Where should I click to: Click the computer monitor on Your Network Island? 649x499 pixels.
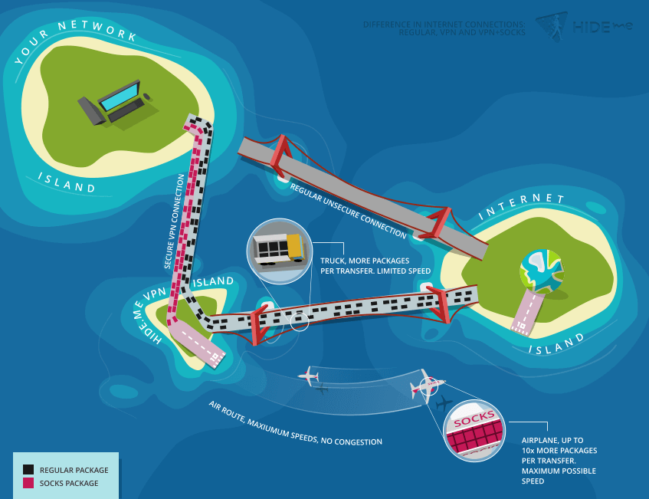point(120,95)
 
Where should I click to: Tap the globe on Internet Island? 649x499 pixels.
point(542,271)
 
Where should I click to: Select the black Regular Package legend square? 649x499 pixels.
point(28,469)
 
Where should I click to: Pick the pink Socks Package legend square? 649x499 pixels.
point(28,482)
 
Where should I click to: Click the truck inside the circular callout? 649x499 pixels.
point(279,249)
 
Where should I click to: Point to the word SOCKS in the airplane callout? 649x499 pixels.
point(474,419)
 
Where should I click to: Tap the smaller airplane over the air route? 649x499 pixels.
point(309,376)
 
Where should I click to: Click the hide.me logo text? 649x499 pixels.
point(602,27)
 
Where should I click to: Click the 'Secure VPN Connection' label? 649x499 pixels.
point(174,222)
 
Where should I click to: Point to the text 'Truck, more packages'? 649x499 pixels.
point(365,261)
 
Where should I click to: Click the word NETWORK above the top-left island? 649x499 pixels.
point(97,30)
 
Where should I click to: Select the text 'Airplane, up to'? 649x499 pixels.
point(552,440)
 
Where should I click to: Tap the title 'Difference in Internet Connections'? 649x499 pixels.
point(444,25)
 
